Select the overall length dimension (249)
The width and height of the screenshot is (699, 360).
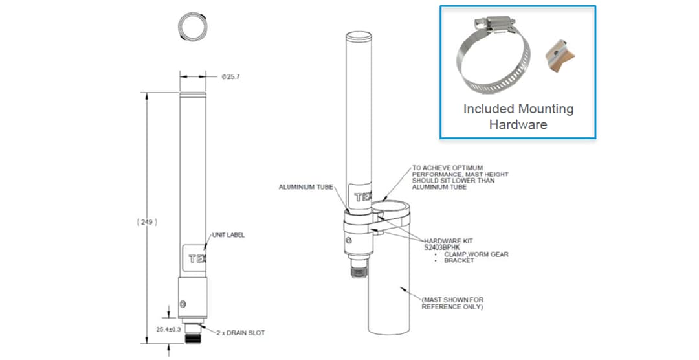pos(148,221)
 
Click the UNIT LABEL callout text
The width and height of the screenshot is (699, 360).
pos(228,235)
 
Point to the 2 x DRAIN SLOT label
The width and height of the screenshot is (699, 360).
pos(241,333)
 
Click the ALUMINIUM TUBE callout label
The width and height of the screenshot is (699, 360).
pos(305,187)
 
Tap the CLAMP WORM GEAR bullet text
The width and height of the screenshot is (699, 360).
pos(476,254)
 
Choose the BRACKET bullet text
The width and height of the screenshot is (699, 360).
pos(459,260)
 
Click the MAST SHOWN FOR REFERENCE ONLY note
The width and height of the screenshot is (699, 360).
pos(452,303)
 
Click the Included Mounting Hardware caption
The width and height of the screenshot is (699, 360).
pos(518,117)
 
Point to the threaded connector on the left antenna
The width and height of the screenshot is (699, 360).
pos(193,335)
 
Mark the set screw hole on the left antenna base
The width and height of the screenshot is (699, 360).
pos(184,303)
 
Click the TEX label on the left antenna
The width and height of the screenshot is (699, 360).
pos(194,259)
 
